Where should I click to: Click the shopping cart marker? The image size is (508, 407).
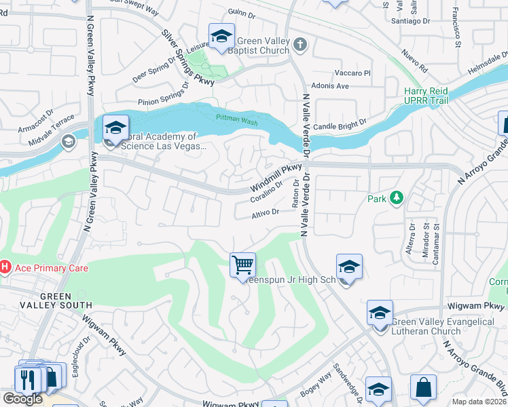(x=242, y=264)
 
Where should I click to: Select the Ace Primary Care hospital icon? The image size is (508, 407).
(x=4, y=268)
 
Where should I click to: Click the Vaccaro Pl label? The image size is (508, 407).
(x=352, y=73)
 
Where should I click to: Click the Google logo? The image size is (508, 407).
(x=22, y=399)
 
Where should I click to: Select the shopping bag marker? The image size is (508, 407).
(x=423, y=388)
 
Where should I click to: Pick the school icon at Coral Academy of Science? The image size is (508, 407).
(x=115, y=128)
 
